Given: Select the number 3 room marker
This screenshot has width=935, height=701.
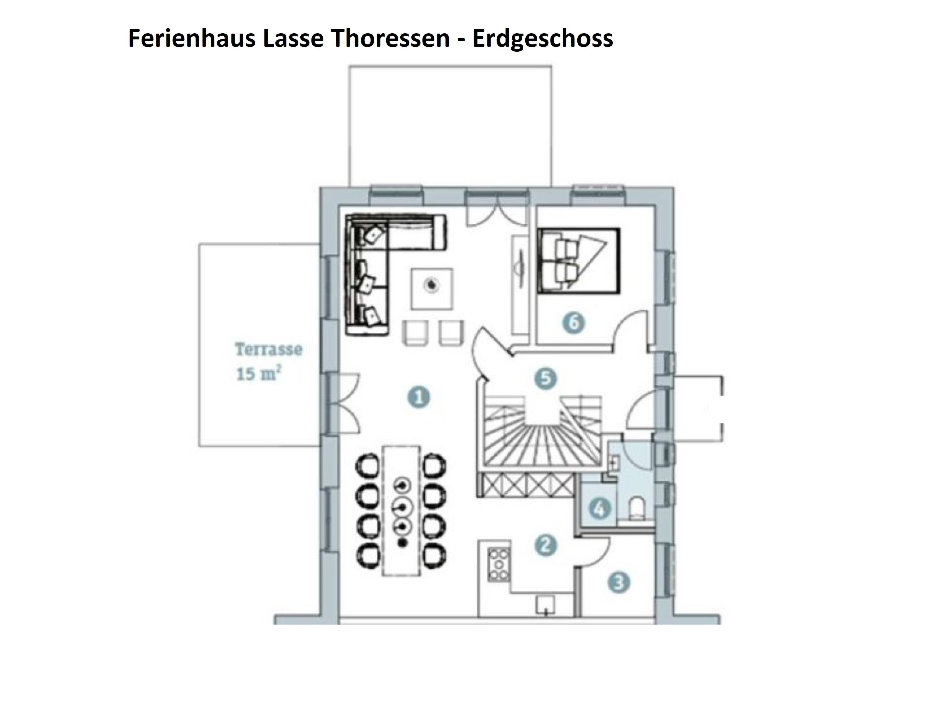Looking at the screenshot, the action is point(618,583).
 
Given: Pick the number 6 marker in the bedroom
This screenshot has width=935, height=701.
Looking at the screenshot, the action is point(574,323).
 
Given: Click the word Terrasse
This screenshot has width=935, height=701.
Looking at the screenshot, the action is point(269,349).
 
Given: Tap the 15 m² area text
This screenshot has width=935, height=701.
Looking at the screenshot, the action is point(259,374).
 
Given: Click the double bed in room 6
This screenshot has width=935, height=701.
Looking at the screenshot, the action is point(579,260).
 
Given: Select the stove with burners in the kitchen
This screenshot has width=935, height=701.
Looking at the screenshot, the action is point(499,564).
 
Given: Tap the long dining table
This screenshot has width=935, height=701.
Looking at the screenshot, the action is point(401,511).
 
